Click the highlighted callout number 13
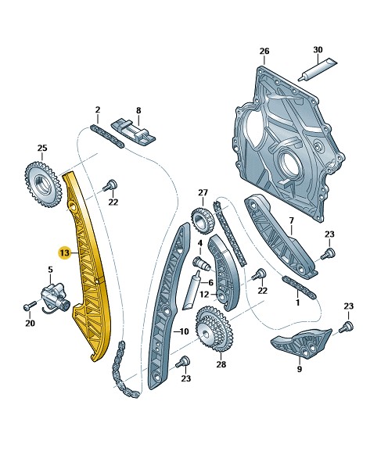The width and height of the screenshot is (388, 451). tap(64, 252)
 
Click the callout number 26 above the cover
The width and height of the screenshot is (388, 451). tap(264, 52)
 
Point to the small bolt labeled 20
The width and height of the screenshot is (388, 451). tap(30, 306)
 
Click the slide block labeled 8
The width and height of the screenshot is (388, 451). tap(133, 133)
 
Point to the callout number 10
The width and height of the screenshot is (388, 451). tap(184, 331)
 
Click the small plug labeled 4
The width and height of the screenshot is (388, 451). tap(200, 263)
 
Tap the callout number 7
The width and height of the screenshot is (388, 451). tap(291, 221)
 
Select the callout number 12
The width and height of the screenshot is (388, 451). tap(204, 294)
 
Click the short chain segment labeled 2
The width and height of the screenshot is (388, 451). tap(107, 136)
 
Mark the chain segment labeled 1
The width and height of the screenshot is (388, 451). tap(300, 288)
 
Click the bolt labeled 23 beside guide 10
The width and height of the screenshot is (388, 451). tap(183, 362)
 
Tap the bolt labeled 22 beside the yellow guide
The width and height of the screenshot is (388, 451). tap(110, 185)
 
